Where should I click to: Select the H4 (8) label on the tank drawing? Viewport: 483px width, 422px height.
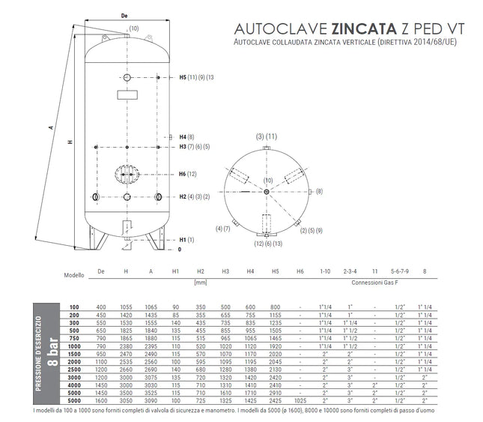186,137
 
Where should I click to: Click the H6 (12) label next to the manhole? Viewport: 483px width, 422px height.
188,174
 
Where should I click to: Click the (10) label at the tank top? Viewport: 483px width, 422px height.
134,28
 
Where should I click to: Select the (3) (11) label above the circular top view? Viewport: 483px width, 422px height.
267,136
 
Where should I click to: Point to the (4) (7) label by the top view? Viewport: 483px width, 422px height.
222,228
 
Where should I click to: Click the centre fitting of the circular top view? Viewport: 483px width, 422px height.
267,192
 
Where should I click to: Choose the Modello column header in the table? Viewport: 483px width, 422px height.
75,275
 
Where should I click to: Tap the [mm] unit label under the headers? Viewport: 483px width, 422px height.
200,283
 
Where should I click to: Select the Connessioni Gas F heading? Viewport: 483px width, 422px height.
376,283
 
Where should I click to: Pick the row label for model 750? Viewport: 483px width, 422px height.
74,339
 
